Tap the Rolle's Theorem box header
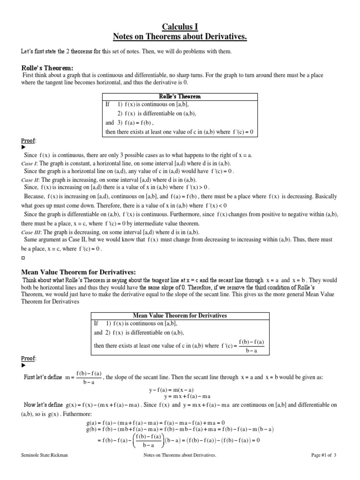point(180,97)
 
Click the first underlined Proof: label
point(29,141)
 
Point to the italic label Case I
point(30,164)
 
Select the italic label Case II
point(31,180)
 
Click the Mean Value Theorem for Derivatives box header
point(180,315)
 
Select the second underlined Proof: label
point(29,359)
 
